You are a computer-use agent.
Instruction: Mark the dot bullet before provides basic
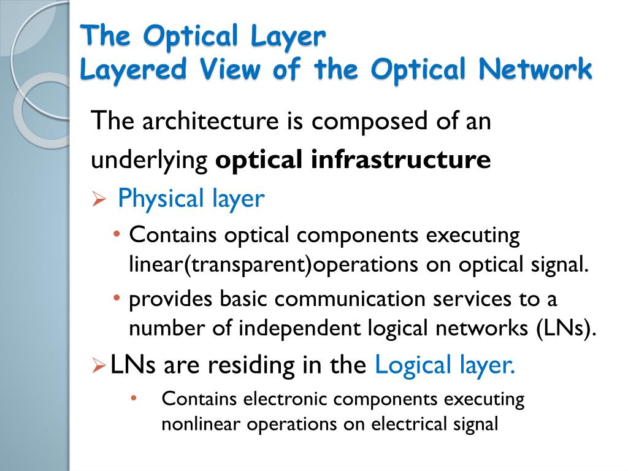click(x=117, y=297)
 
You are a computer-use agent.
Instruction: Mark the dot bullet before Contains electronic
click(x=134, y=398)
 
